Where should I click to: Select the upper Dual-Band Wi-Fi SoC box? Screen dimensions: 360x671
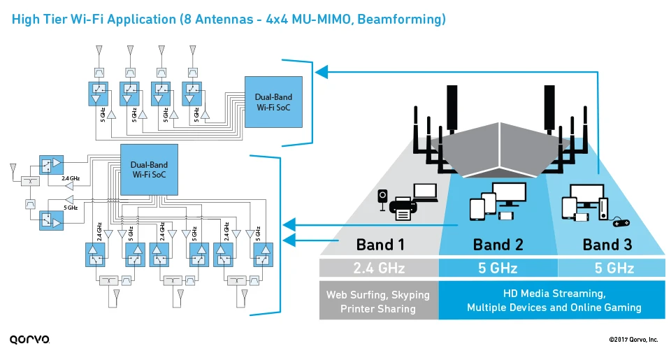[x=273, y=102]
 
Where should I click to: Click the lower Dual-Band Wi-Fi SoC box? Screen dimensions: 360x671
[x=150, y=169]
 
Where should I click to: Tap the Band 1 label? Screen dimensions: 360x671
[x=380, y=245]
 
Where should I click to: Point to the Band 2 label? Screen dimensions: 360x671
[x=497, y=245]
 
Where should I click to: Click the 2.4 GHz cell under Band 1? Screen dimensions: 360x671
[x=380, y=268]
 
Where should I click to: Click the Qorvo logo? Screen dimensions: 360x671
[x=30, y=340]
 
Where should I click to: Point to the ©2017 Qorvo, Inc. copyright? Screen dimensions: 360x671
[x=633, y=340]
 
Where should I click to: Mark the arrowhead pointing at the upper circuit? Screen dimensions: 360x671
[x=321, y=70]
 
